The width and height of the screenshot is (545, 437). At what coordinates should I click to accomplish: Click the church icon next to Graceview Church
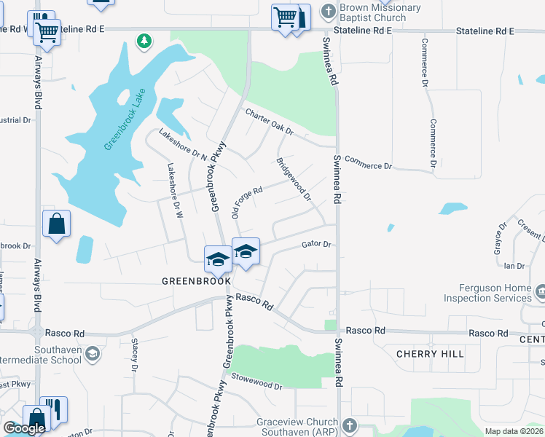pos(350,425)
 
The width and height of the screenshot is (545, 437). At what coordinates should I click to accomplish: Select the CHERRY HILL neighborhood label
pos(430,354)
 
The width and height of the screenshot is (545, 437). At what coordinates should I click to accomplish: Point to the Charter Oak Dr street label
pos(269,122)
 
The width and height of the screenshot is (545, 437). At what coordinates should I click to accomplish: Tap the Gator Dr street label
pos(316,245)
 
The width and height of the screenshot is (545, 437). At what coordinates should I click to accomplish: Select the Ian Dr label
pos(514,267)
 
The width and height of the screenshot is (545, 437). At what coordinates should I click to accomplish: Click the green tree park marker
pos(145,40)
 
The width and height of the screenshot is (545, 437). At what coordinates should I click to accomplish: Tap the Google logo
pos(24,428)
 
